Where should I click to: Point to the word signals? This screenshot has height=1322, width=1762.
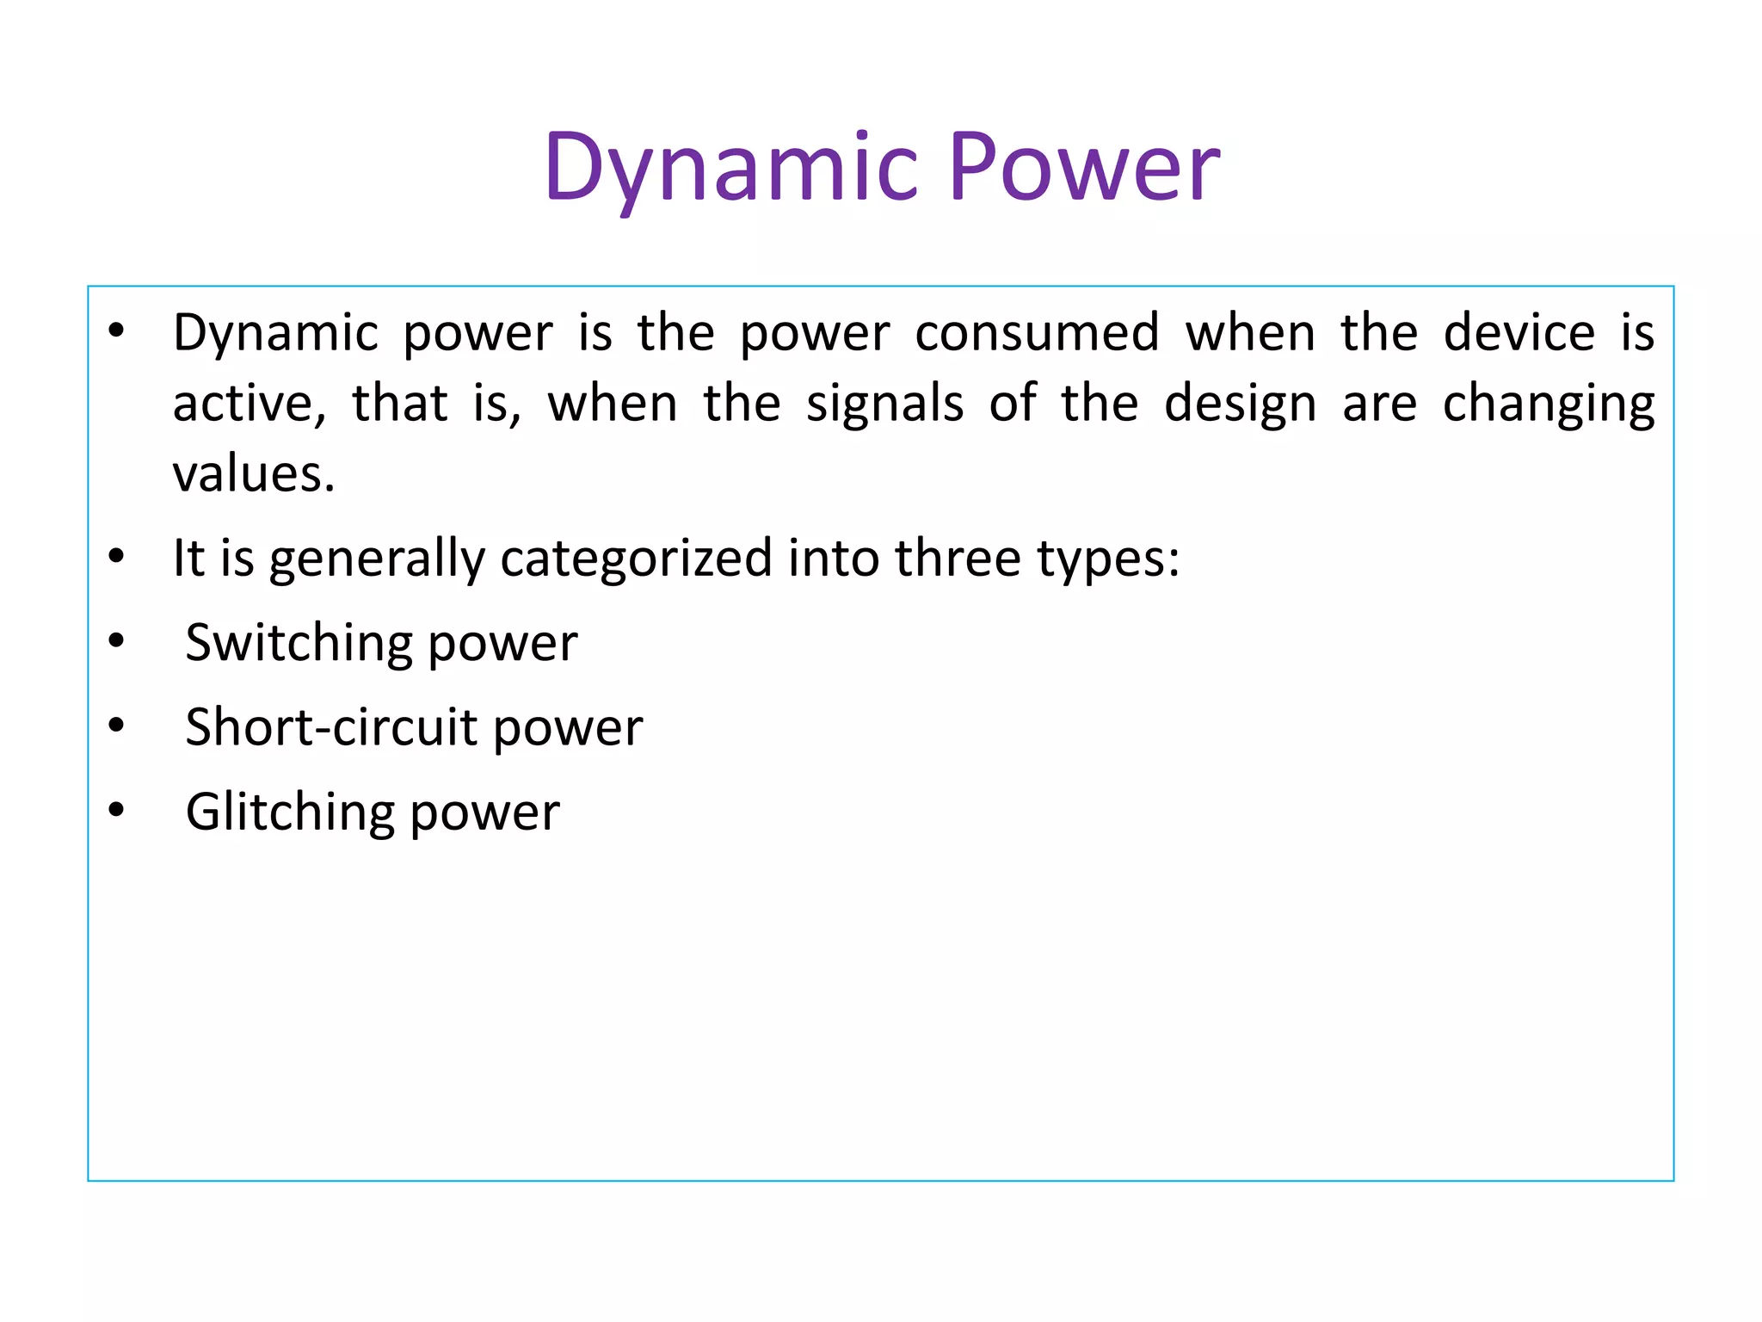point(884,405)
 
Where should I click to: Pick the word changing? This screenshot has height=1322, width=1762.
point(1548,405)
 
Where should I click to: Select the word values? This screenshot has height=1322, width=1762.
point(253,475)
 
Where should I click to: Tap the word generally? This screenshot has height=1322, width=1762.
point(377,559)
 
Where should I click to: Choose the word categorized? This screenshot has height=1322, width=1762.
point(637,559)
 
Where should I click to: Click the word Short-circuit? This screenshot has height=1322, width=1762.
point(331,728)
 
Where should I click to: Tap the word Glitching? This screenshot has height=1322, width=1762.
point(290,812)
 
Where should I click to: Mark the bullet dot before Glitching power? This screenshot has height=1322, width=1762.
point(117,810)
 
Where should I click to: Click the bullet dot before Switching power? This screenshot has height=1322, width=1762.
point(117,641)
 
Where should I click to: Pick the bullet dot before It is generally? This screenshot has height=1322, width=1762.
point(117,557)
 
